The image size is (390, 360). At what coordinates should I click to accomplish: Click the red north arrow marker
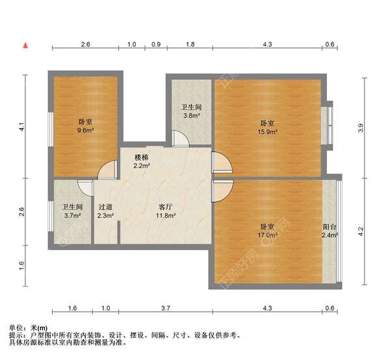point(25,45)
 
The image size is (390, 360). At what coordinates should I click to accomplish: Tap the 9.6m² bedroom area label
point(85,130)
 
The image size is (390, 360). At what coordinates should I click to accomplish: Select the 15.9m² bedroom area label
point(267,131)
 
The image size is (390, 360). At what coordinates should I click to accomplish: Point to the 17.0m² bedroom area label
point(268,235)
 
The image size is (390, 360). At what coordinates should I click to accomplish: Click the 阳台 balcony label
point(330,227)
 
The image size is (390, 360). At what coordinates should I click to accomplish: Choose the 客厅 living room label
point(166,207)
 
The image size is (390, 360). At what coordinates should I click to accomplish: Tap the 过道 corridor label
point(105,207)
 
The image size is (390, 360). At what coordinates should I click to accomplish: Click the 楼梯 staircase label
point(142,157)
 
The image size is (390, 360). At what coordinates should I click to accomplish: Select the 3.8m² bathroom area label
point(192,116)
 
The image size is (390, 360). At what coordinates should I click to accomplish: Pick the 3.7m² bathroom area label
point(72,216)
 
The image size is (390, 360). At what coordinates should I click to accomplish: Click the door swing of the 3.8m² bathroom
point(181,138)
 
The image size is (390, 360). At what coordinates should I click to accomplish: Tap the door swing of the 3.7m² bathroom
point(85,188)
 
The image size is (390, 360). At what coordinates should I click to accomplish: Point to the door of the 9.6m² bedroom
point(107,170)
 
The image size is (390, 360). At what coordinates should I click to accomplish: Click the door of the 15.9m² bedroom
point(222,162)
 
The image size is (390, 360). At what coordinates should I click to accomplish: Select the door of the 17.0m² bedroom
point(222,190)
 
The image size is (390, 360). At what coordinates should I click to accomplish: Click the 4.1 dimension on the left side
point(22,127)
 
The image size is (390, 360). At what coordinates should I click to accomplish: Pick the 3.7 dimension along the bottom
point(165,308)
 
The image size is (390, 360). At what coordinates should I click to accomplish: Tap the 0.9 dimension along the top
point(156,44)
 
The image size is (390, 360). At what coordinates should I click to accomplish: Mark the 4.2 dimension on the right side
point(361,231)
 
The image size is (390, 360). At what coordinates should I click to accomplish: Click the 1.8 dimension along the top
point(190,44)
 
